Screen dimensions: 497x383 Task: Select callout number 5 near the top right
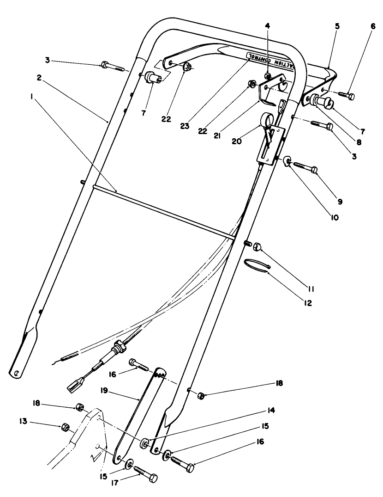(337, 27)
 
